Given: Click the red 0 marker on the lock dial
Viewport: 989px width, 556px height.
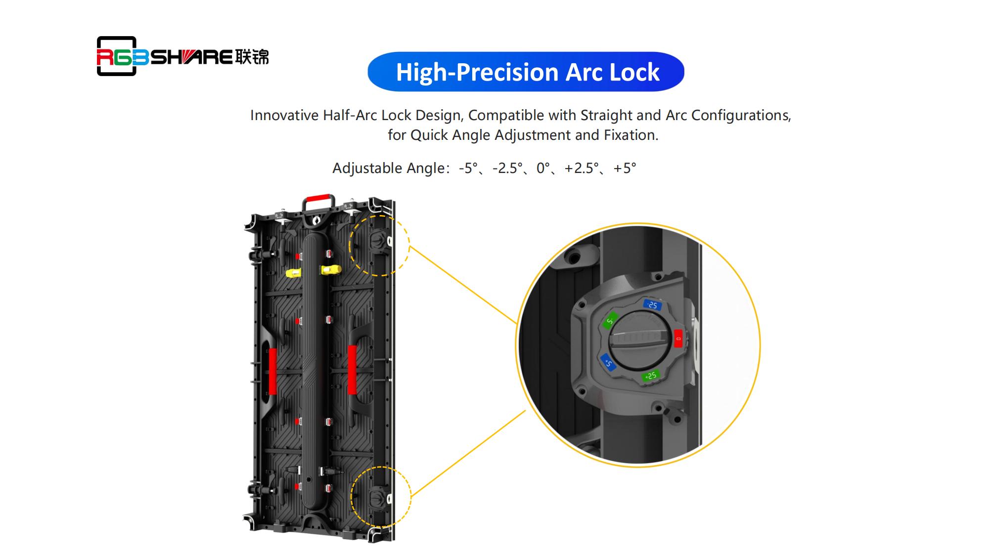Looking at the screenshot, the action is (677, 339).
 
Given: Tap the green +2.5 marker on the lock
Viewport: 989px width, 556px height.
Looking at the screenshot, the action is (650, 376).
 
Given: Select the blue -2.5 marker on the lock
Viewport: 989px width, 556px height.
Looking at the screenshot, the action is (652, 304).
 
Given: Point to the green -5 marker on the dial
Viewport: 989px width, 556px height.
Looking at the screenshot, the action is (610, 321).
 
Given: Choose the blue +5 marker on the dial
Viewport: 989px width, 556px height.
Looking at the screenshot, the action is (607, 362).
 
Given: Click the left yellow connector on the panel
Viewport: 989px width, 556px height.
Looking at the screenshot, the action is (294, 273).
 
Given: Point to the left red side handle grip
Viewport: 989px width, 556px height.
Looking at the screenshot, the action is (272, 371).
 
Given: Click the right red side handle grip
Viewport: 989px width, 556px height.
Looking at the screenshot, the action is (352, 369).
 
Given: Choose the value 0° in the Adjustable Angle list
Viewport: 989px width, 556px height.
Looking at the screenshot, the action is (543, 169).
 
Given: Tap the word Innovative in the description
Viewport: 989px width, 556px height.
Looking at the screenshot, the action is (284, 115).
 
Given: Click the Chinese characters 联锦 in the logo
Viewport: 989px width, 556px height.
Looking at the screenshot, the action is (252, 57).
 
